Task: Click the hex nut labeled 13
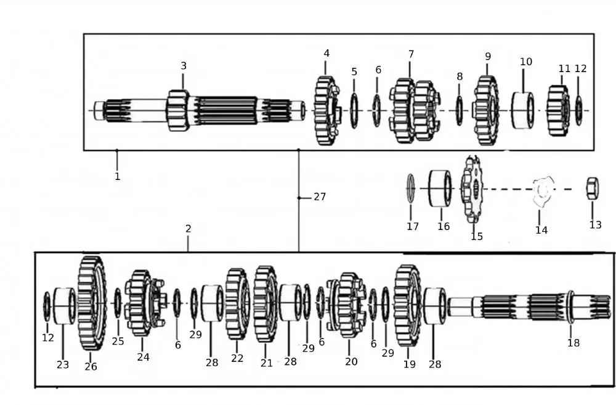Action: (x=593, y=188)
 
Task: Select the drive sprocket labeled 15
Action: (x=473, y=189)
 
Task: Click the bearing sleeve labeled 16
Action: (x=440, y=188)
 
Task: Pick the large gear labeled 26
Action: (x=92, y=303)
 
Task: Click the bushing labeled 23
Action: (x=63, y=305)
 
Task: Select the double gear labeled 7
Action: (x=414, y=110)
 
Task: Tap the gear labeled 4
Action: (x=326, y=110)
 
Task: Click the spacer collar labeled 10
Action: (x=523, y=110)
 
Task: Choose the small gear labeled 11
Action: (x=559, y=110)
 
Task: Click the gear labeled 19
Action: (x=407, y=305)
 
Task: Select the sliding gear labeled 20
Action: (x=347, y=305)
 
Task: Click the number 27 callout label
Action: (x=319, y=197)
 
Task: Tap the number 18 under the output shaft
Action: (x=573, y=343)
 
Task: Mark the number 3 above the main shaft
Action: (x=183, y=66)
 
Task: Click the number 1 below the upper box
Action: (x=117, y=176)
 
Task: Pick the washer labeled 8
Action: (x=459, y=111)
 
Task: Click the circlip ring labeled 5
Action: (x=354, y=110)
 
